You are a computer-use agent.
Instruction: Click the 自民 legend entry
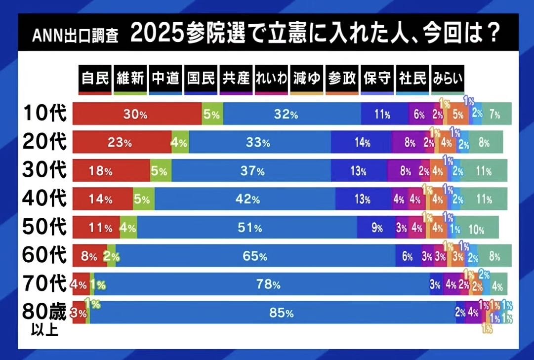click(x=95, y=78)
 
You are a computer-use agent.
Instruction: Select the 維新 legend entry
click(x=130, y=78)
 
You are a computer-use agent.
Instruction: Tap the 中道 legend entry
click(x=165, y=78)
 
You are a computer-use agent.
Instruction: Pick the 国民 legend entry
click(x=201, y=78)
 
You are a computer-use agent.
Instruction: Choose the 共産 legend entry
click(x=236, y=78)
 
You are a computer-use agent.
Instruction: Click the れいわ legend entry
click(x=271, y=78)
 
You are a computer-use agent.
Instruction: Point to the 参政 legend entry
click(x=341, y=78)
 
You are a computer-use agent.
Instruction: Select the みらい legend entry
click(x=448, y=78)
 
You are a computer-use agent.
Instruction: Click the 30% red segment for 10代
click(x=137, y=114)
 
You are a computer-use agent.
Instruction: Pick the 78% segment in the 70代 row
click(x=262, y=284)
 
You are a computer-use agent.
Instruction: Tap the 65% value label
click(x=255, y=256)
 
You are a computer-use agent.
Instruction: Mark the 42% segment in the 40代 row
click(x=245, y=200)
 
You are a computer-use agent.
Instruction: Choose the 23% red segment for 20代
click(x=122, y=143)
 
